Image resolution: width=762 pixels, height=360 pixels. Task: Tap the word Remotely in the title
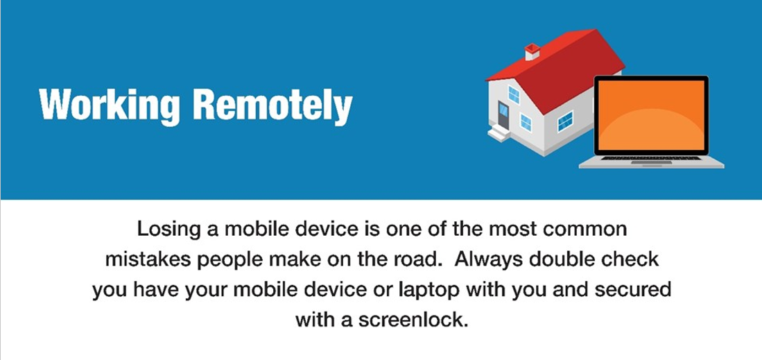[272, 105]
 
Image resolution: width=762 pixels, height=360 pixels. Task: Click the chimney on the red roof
[532, 51]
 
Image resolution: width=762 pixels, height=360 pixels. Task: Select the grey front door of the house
[503, 117]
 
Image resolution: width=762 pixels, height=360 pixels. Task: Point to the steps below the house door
[499, 132]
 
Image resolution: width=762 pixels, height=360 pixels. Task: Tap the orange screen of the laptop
[651, 115]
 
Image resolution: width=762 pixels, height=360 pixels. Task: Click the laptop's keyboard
[651, 158]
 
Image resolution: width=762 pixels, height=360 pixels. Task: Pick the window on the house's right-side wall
[564, 121]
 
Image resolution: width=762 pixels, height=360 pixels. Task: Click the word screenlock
[413, 320]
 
